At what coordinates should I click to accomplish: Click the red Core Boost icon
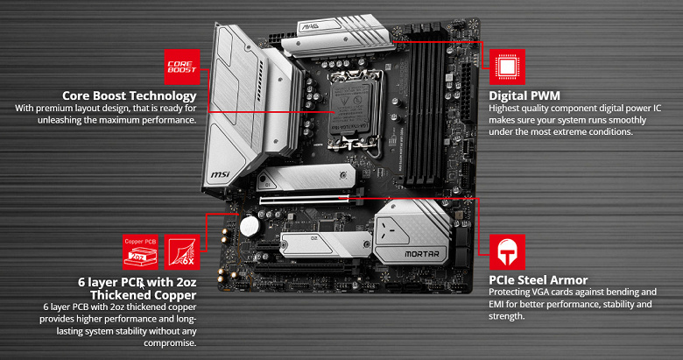pyautogui.click(x=182, y=67)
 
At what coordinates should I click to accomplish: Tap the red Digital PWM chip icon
pyautogui.click(x=507, y=67)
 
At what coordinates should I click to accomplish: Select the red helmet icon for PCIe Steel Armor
pyautogui.click(x=507, y=252)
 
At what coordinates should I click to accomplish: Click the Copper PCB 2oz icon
pyautogui.click(x=140, y=252)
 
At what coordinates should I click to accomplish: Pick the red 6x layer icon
pyautogui.click(x=182, y=252)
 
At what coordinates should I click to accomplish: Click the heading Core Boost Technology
pyautogui.click(x=130, y=95)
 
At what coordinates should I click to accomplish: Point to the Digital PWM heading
pyautogui.click(x=525, y=95)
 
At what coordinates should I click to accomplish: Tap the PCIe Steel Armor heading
pyautogui.click(x=539, y=279)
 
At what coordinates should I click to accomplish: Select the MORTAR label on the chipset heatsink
pyautogui.click(x=422, y=254)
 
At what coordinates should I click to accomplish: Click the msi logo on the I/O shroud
pyautogui.click(x=220, y=175)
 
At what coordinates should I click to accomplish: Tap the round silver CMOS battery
pyautogui.click(x=250, y=226)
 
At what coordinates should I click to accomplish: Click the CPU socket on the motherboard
pyautogui.click(x=351, y=108)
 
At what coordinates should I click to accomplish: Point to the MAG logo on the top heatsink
pyautogui.click(x=310, y=26)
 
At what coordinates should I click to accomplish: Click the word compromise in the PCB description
pyautogui.click(x=170, y=343)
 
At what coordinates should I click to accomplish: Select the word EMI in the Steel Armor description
pyautogui.click(x=496, y=304)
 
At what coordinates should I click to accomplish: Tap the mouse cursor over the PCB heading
pyautogui.click(x=142, y=285)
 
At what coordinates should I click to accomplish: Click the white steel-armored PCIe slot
pyautogui.click(x=305, y=200)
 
